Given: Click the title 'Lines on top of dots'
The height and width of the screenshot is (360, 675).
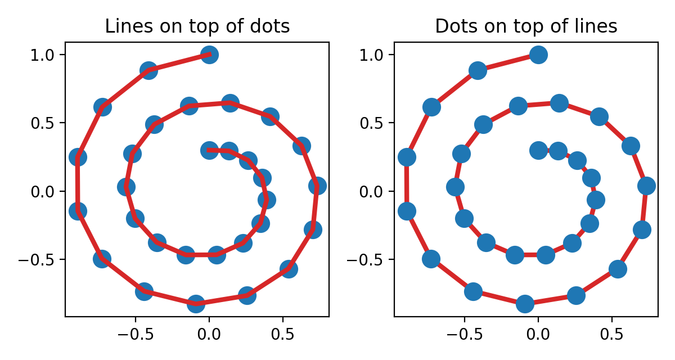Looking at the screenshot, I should coord(197,26).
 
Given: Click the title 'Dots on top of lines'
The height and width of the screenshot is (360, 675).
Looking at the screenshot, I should coord(526,26).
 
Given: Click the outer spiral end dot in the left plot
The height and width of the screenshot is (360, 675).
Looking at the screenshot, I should coord(209,55).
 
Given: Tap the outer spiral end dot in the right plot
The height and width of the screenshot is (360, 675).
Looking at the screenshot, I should coord(538,55).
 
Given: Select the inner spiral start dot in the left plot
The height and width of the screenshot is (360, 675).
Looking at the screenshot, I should coord(209,150).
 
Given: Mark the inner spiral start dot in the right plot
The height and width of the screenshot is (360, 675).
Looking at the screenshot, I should coord(538,150).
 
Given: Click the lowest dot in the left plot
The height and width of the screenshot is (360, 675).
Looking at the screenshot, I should coord(195,304).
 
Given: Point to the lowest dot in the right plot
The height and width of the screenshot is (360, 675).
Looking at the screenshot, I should coord(525,304).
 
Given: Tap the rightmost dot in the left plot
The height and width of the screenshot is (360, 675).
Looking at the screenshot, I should coord(317,186).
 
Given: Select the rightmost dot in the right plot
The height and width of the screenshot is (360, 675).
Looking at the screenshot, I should coord(646,186).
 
